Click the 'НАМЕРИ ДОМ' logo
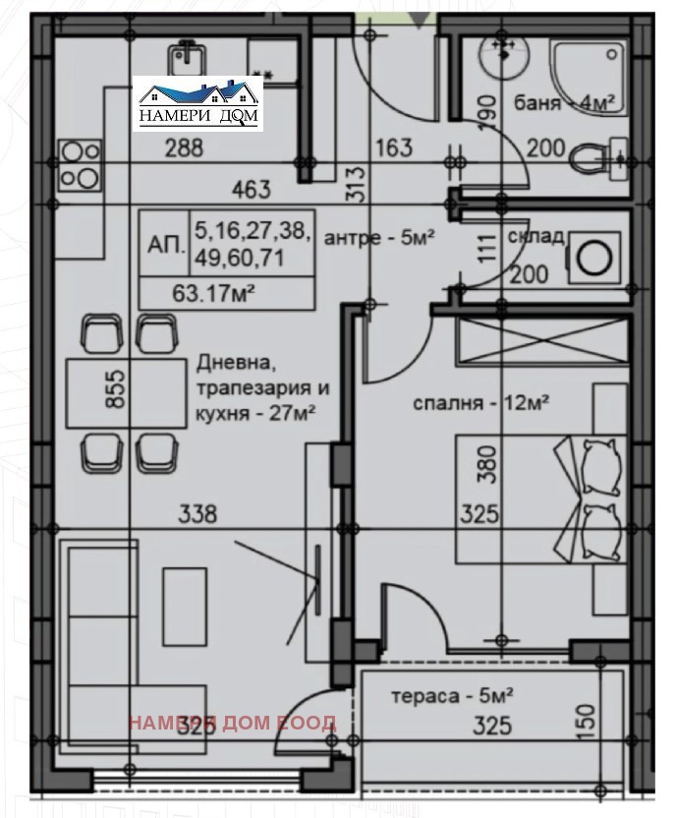[x=200, y=103]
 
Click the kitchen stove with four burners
[x=80, y=163]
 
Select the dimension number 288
[x=184, y=149]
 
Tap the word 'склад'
[x=535, y=237]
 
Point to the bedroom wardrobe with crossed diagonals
[x=542, y=345]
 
